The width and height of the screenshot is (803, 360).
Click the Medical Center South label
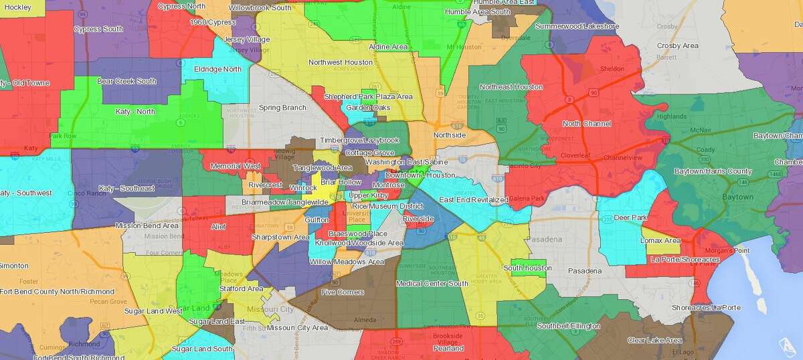(432, 284)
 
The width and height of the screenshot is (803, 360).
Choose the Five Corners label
(343, 292)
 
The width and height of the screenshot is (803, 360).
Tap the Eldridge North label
(217, 69)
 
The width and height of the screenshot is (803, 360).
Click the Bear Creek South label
(126, 81)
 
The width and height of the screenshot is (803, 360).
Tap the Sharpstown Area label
(280, 237)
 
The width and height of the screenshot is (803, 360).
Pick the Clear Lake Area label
(655, 340)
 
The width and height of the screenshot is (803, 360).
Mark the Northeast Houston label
(511, 87)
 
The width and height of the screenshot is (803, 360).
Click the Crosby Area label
(678, 46)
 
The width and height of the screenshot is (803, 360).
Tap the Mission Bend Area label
(147, 226)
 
